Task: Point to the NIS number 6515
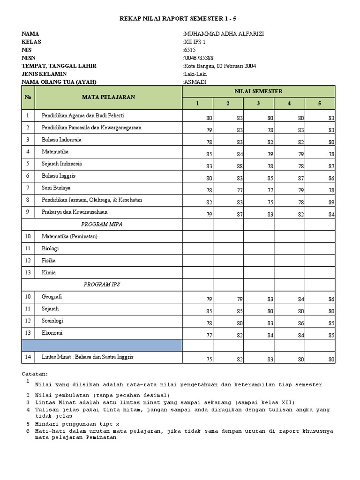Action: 189,50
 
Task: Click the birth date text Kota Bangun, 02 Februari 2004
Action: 220,66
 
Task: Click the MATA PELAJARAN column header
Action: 108,97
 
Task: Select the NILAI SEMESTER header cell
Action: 259,91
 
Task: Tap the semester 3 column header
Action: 258,104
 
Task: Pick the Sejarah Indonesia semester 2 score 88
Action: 240,166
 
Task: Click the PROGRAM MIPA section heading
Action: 102,225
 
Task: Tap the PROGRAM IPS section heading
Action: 102,285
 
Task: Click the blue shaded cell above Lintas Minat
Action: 102,345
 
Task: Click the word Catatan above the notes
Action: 35,374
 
